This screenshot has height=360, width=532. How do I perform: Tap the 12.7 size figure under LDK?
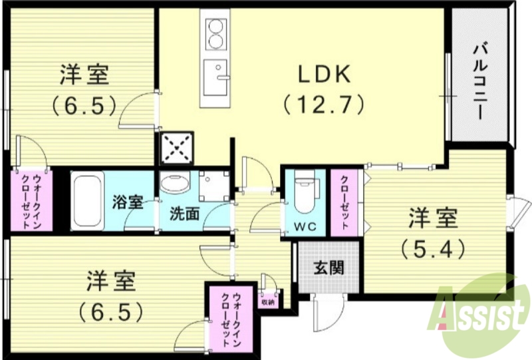(324, 104)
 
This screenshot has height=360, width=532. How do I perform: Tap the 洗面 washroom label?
(184, 214)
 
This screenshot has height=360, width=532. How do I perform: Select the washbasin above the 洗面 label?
(175, 184)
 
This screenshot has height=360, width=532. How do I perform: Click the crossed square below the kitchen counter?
(176, 147)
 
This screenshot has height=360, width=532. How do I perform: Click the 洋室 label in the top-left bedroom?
(84, 75)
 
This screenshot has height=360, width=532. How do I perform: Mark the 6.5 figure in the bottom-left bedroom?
(111, 311)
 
